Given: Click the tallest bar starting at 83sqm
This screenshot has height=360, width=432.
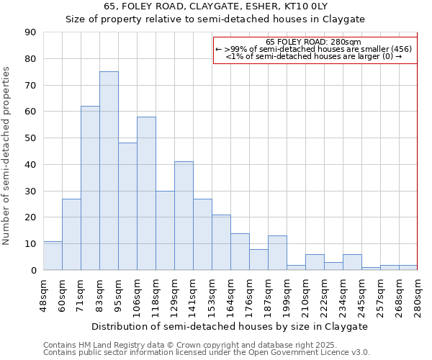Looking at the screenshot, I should click(109, 171).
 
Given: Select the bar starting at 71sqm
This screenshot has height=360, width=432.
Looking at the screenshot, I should click(90, 188).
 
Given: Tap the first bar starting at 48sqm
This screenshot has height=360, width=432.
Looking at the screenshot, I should click(53, 256).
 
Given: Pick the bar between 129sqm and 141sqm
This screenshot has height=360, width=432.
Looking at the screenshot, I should click(184, 216).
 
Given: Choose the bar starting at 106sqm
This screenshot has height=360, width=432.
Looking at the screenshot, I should click(146, 194).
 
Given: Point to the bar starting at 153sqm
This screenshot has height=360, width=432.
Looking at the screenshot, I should click(221, 243).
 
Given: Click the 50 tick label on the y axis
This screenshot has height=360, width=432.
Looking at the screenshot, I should click(30, 138).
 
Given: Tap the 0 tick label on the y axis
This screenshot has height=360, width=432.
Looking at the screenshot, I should click(33, 271).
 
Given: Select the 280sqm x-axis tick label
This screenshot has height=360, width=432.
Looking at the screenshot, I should click(418, 294).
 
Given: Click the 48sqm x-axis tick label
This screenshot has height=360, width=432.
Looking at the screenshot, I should click(43, 294).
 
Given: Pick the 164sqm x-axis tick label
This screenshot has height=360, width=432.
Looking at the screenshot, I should click(230, 294).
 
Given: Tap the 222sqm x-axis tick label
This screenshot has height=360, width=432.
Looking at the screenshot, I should click(324, 294).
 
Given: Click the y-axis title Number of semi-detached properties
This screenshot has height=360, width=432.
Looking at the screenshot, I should click(6, 156).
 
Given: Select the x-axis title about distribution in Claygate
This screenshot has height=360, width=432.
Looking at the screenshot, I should click(230, 326).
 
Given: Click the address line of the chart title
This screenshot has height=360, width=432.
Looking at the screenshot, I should click(215, 6).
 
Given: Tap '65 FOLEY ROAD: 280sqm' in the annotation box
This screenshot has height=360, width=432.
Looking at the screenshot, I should click(313, 42).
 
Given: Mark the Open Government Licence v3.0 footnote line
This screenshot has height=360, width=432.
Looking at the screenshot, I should click(206, 353).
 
